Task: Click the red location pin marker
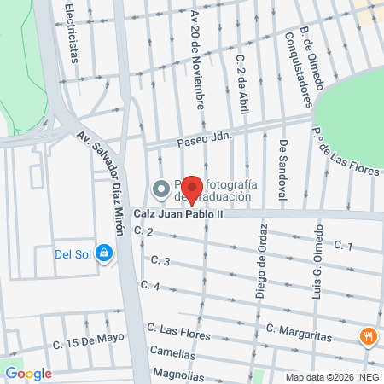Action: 193,189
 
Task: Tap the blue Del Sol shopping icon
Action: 104,253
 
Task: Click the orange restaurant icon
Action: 369,336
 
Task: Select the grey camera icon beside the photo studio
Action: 160,188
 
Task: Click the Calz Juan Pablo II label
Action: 177,214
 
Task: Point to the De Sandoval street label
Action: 282,171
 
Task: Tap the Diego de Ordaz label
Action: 262,266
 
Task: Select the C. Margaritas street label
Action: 298,332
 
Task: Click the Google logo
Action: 28,373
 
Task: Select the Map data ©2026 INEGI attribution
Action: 333,377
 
